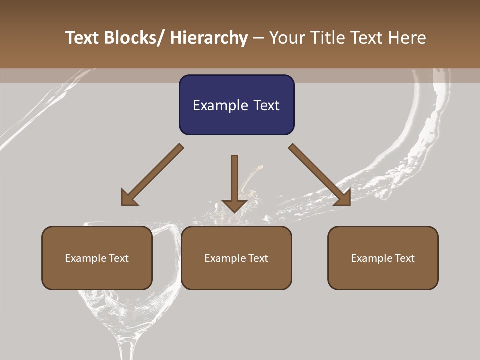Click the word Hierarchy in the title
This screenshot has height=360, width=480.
(209, 38)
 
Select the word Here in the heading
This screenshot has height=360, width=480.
(407, 38)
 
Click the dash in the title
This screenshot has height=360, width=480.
(258, 38)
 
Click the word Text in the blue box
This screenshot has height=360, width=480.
(266, 105)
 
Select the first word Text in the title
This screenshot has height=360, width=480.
(82, 38)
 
